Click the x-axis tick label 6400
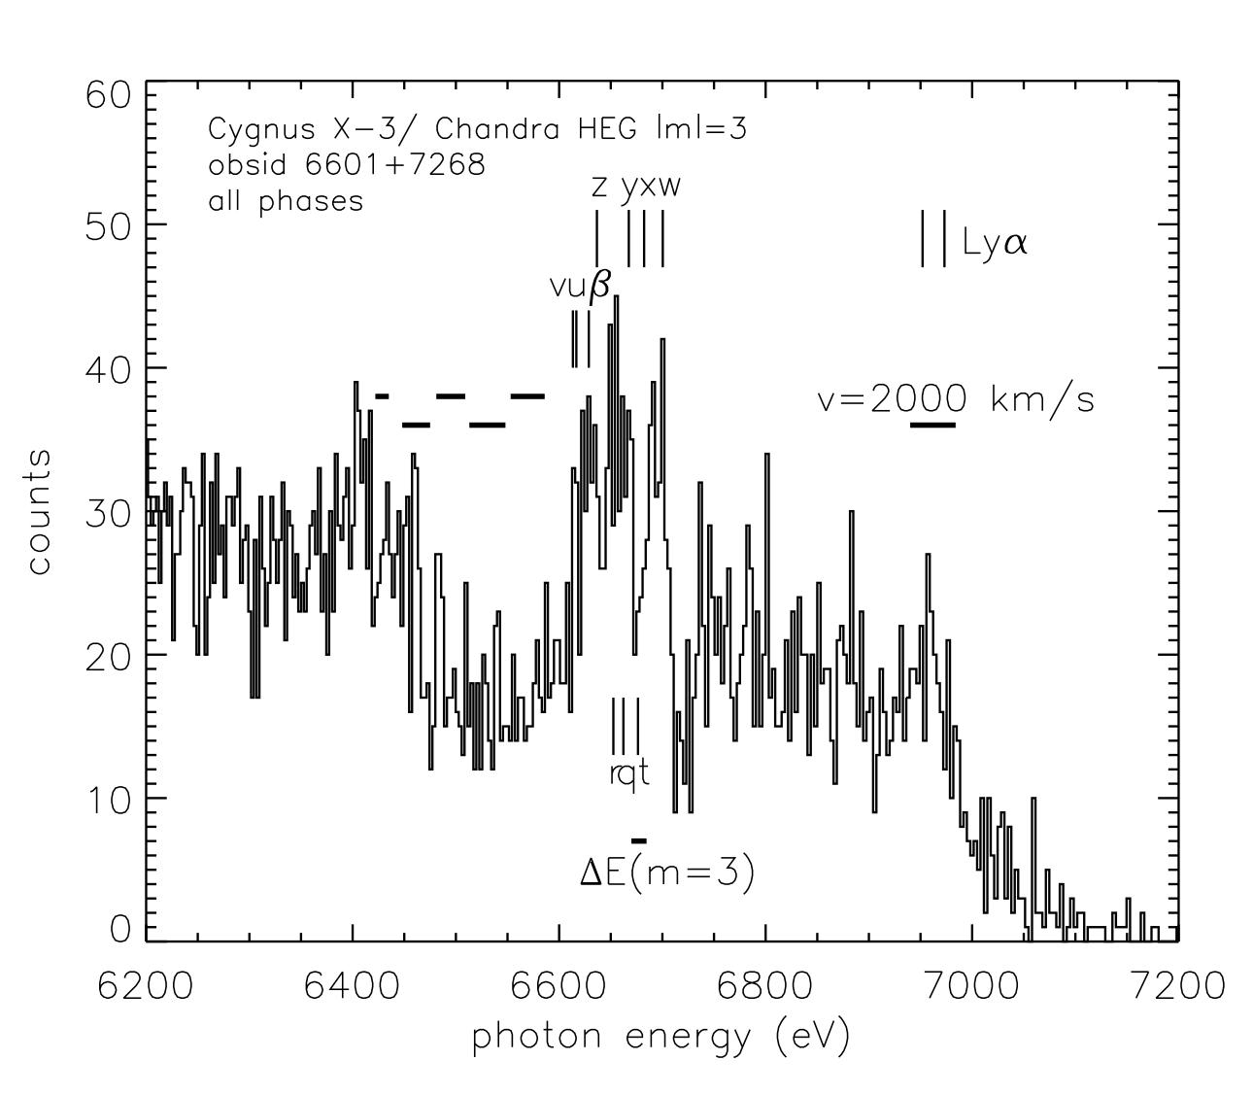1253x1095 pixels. (353, 988)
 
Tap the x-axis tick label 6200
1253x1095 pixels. (146, 988)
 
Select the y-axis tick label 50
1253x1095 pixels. (105, 224)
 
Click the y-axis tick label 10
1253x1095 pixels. (105, 799)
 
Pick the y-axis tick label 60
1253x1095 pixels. (105, 95)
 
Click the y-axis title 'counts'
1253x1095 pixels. (39, 512)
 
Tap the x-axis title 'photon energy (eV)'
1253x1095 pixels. (660, 1038)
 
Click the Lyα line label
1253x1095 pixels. (995, 244)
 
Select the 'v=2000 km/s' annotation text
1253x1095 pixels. (957, 399)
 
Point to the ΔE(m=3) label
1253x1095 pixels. (666, 874)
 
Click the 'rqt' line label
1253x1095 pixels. (627, 774)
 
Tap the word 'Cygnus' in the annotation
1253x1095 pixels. (255, 129)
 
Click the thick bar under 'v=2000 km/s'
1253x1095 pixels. (932, 425)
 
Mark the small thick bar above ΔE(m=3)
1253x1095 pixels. (638, 840)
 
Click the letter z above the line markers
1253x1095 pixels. (600, 187)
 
